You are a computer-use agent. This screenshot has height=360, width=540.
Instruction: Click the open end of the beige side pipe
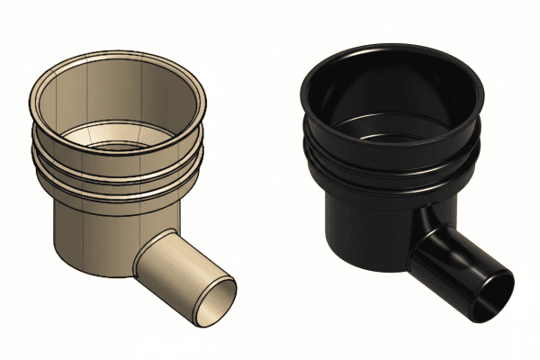(216, 301)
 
